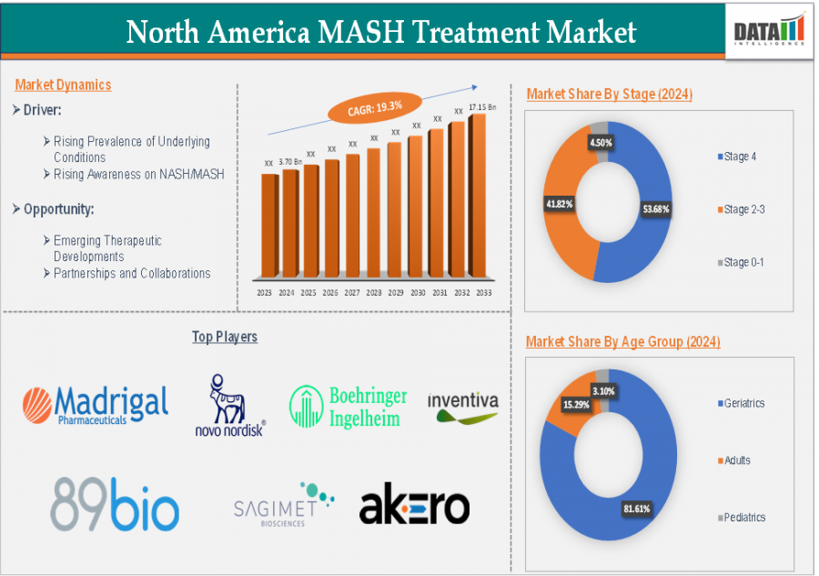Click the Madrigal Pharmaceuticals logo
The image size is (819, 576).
tap(96, 405)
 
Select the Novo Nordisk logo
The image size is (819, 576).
tap(230, 406)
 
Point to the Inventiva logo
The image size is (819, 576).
tap(462, 407)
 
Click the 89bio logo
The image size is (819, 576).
tap(115, 503)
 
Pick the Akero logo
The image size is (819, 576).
tap(414, 507)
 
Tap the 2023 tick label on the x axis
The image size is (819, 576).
tap(265, 293)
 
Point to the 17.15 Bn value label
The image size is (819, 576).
tap(482, 106)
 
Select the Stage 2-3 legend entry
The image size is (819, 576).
tap(743, 209)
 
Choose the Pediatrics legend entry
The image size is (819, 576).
tap(743, 517)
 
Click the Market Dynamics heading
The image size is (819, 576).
tap(63, 85)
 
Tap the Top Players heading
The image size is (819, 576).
tap(225, 337)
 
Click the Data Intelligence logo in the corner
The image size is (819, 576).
tap(770, 29)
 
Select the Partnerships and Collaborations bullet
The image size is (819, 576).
tap(132, 273)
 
